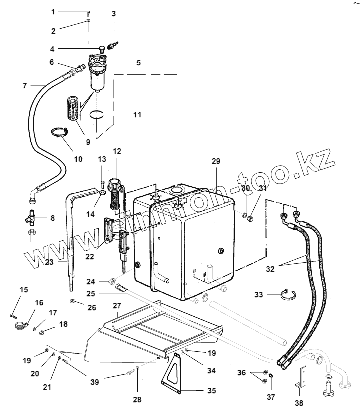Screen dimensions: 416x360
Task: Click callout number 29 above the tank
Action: click(216, 161)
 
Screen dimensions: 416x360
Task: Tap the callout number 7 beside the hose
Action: click(25, 85)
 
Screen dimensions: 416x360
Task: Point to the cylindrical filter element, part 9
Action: click(73, 109)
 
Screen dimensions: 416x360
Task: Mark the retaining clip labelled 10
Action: click(60, 133)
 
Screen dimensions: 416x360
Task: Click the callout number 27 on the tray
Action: click(117, 305)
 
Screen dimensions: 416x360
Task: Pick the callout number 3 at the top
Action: click(114, 13)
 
